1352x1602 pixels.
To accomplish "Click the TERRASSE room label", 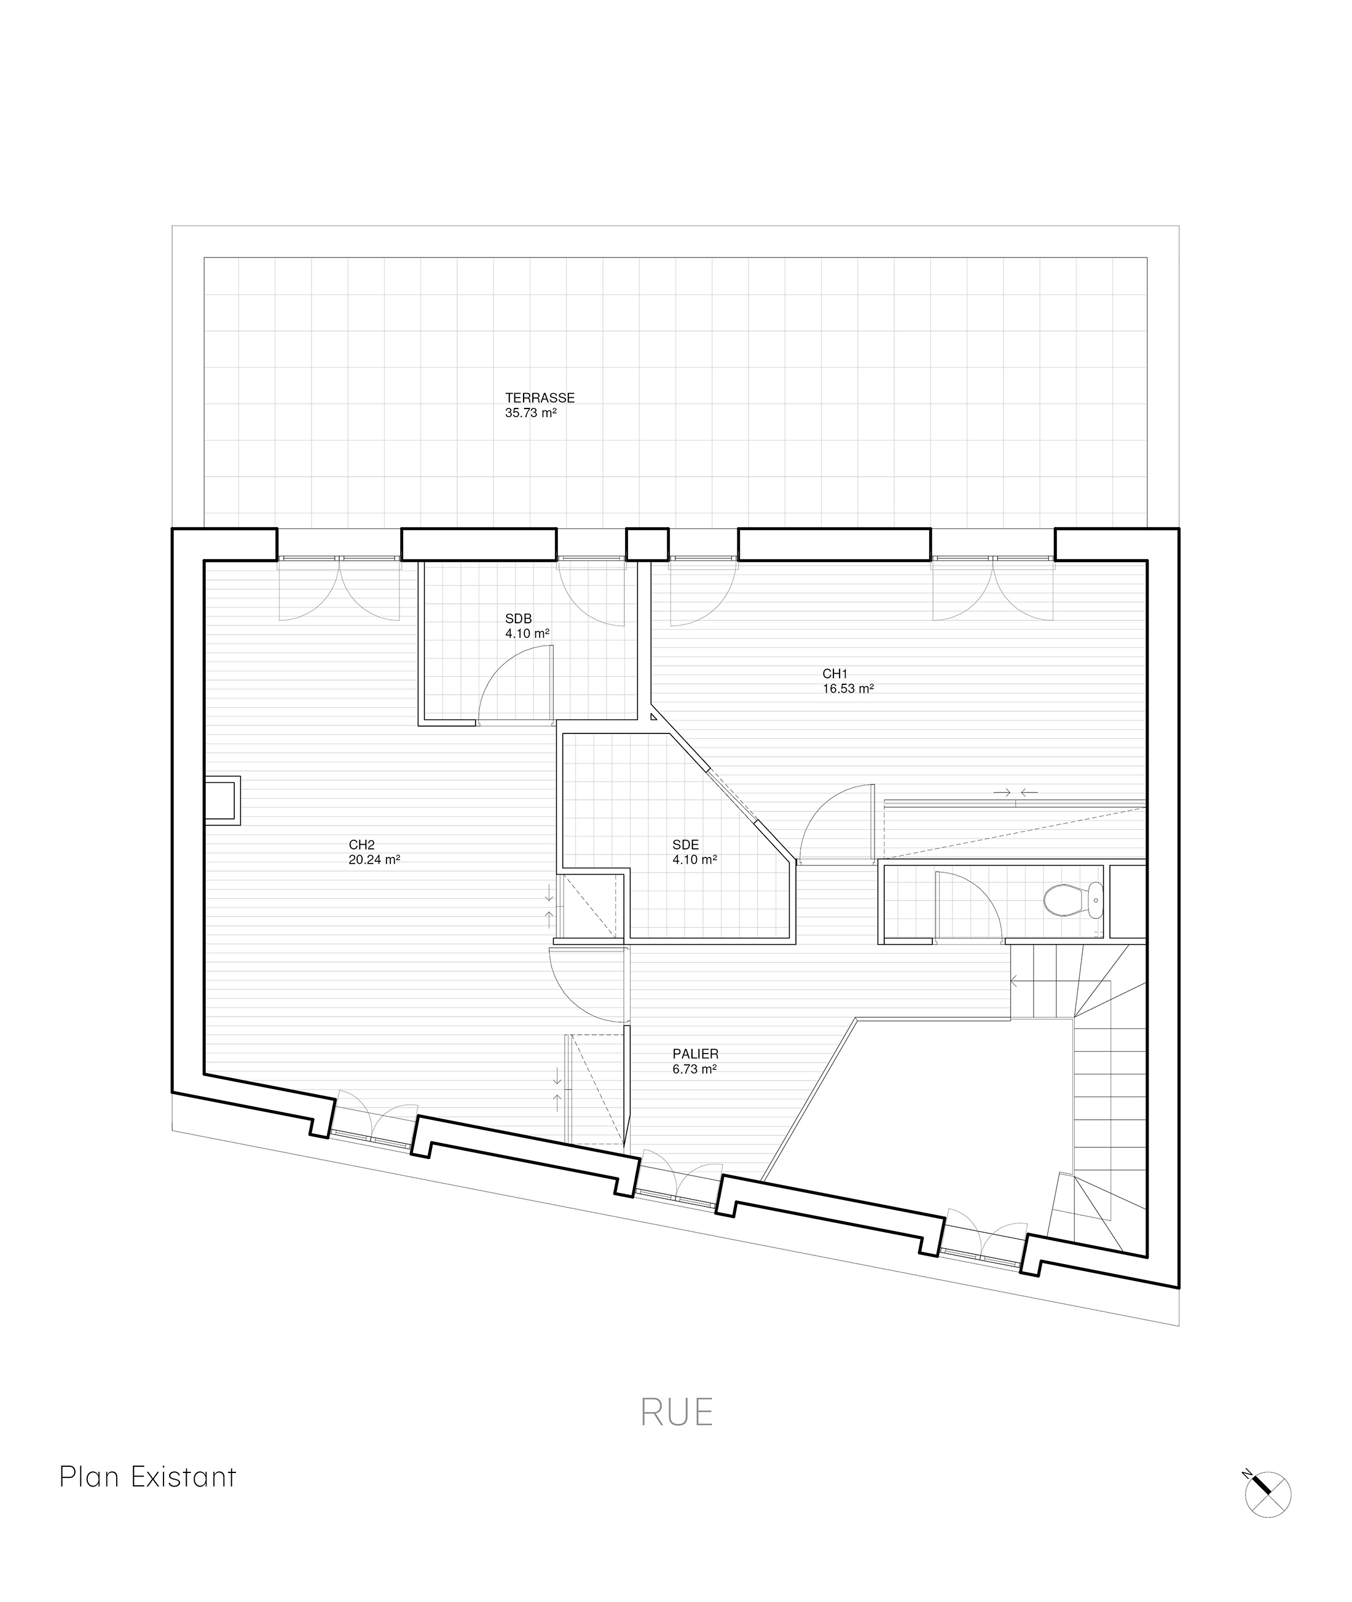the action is pyautogui.click(x=540, y=399).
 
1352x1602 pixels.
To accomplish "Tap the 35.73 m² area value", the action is pyautogui.click(x=530, y=413).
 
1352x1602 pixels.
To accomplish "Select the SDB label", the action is pyautogui.click(x=518, y=619).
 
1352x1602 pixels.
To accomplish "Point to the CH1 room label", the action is pyautogui.click(x=835, y=674).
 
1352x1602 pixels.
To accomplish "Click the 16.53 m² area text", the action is pyautogui.click(x=847, y=689).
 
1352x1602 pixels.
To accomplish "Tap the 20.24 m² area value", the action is pyautogui.click(x=374, y=859).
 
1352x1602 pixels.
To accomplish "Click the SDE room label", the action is pyautogui.click(x=685, y=845).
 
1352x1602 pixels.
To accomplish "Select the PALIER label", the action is pyautogui.click(x=695, y=1054).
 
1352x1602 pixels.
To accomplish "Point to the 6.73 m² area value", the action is pyautogui.click(x=694, y=1069).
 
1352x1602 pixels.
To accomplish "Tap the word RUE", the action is pyautogui.click(x=677, y=1413).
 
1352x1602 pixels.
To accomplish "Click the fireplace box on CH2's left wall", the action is pyautogui.click(x=223, y=800).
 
